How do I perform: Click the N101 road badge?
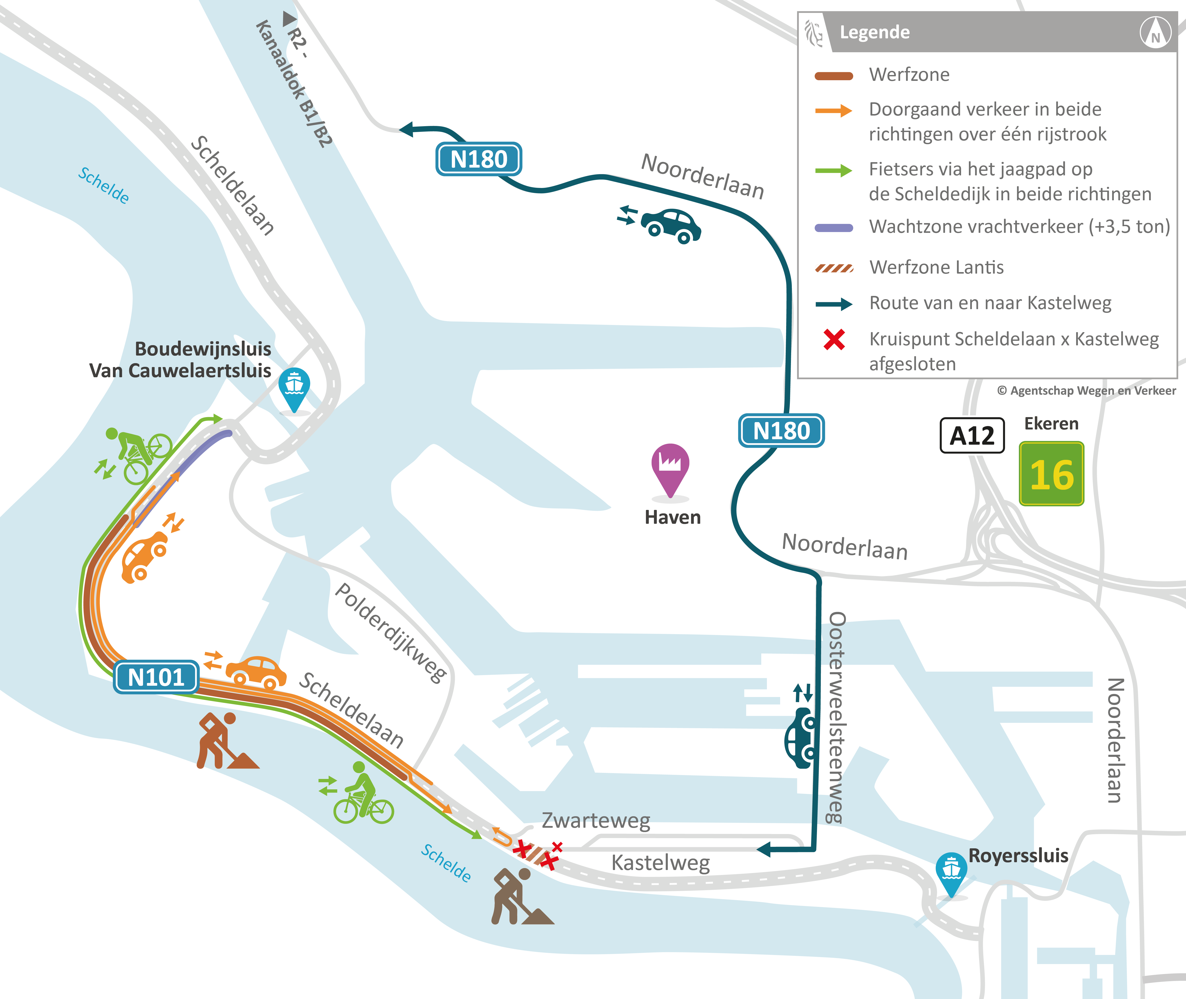pyautogui.click(x=156, y=677)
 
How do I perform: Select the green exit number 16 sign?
pyautogui.click(x=1051, y=474)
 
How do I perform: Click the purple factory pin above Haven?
pyautogui.click(x=670, y=468)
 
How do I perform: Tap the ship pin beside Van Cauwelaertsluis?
pyautogui.click(x=294, y=388)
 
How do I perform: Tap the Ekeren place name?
pyautogui.click(x=1051, y=424)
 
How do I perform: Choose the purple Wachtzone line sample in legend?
pyautogui.click(x=833, y=228)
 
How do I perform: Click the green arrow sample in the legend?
pyautogui.click(x=833, y=170)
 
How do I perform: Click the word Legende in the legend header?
pyautogui.click(x=875, y=32)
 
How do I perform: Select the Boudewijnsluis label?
pyautogui.click(x=203, y=349)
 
